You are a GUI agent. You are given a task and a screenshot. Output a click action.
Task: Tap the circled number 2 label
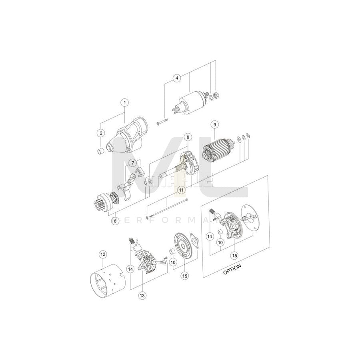tap(101, 132)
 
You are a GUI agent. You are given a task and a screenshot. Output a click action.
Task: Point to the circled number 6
tap(115, 220)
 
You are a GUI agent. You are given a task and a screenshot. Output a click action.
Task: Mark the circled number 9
tap(214, 124)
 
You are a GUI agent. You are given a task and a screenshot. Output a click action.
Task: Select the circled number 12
tap(102, 254)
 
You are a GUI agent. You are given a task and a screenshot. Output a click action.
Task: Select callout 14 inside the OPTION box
tap(209, 237)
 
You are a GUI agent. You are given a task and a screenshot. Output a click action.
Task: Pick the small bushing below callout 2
tap(102, 151)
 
